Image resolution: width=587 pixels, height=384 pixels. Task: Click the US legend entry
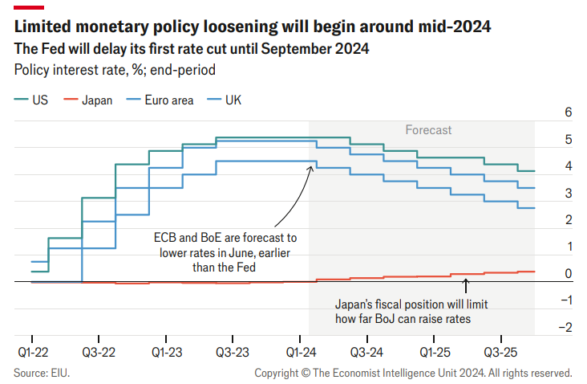(x=31, y=100)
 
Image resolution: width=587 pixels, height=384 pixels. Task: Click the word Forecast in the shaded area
(x=428, y=129)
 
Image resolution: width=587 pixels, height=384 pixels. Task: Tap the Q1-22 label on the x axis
(x=31, y=352)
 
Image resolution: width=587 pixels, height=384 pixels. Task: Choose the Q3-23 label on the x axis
(x=233, y=352)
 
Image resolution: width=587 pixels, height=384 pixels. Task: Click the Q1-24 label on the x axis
(x=300, y=352)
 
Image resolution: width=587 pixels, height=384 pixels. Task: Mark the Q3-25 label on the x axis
(x=501, y=352)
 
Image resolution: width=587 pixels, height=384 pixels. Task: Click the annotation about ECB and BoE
(x=225, y=252)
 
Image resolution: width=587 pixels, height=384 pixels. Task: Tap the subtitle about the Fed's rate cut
(x=192, y=49)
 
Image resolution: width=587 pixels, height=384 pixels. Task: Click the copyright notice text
(x=413, y=373)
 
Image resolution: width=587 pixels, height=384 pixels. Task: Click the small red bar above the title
(x=24, y=6)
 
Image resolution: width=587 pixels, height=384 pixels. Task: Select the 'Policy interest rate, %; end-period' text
(x=115, y=69)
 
